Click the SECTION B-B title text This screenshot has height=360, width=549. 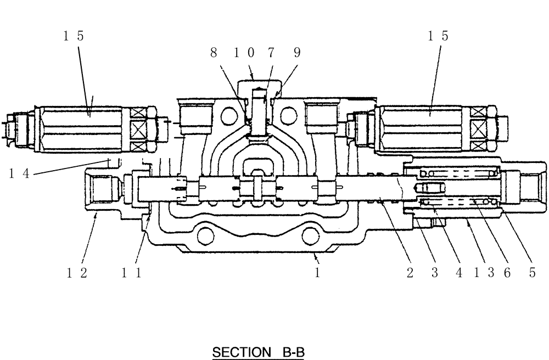(x=257, y=352)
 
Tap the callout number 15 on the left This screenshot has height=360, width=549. (x=73, y=36)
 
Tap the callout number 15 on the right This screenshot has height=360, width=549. (x=438, y=36)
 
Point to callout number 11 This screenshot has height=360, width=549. (x=132, y=273)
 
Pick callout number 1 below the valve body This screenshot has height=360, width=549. (x=317, y=273)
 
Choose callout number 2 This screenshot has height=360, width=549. (x=410, y=273)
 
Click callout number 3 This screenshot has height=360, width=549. (x=434, y=273)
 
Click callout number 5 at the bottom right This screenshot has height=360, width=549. (x=531, y=273)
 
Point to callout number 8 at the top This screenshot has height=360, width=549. (x=214, y=52)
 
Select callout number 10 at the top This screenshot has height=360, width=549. (x=243, y=52)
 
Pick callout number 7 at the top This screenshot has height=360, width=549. (x=271, y=52)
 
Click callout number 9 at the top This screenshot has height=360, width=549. (x=297, y=52)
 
